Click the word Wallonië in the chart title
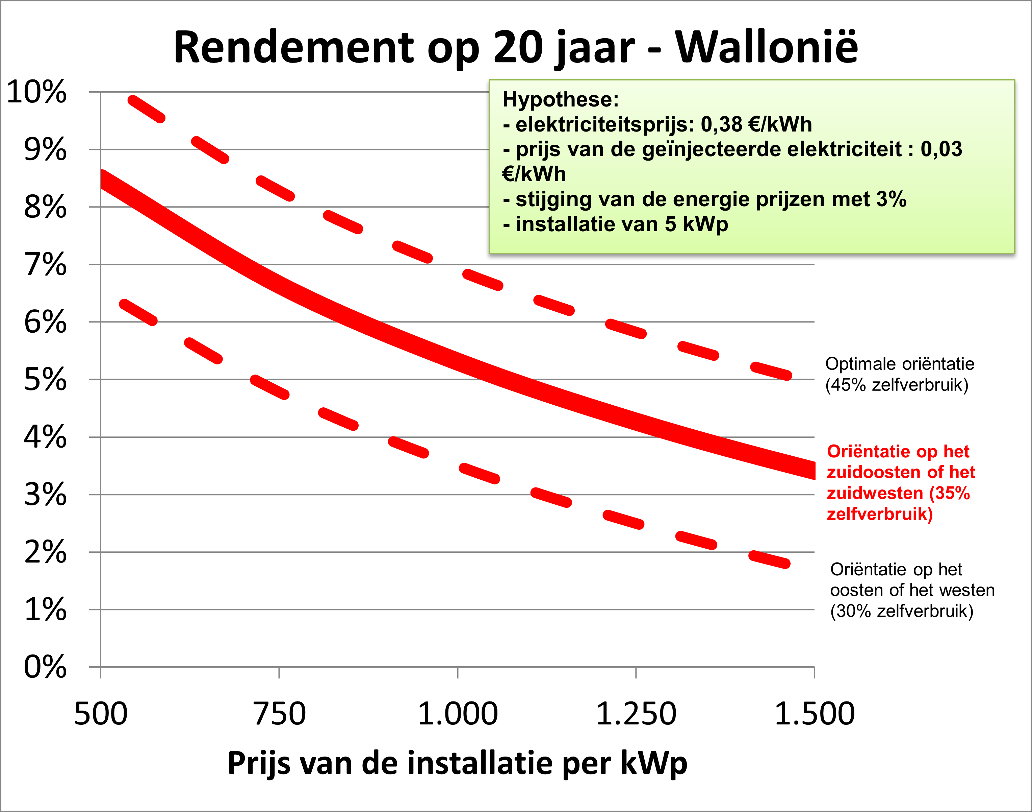coord(767,48)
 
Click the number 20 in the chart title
coord(518,48)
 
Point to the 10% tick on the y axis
coord(36,92)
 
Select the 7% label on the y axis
coord(45,265)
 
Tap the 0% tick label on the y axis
coord(45,667)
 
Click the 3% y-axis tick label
coord(45,495)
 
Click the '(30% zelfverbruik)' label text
coord(901,611)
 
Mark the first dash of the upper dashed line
coord(146,109)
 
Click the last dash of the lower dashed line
coord(769,559)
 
